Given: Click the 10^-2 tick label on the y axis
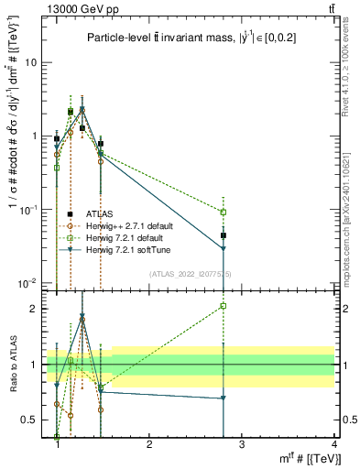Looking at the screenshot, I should click(31, 282).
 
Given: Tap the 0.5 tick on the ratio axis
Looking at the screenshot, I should click(33, 420).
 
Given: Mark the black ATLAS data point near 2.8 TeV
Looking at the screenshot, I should click(224, 235).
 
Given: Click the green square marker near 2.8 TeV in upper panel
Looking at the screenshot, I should click(224, 212).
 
